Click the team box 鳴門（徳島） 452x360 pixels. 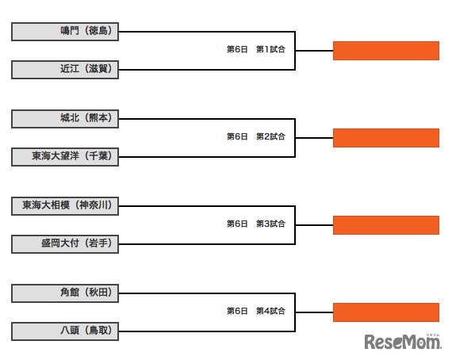65,32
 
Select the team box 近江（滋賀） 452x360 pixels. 65,69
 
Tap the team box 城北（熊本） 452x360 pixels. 65,119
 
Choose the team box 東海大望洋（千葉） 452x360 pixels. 65,156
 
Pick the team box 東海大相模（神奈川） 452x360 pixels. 65,206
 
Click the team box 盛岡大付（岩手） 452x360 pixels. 65,243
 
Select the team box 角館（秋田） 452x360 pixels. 65,293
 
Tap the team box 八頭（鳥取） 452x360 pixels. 65,331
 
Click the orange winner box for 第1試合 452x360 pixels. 385,51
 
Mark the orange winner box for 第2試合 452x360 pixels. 385,138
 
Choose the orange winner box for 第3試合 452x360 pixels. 385,225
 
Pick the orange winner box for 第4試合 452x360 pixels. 385,312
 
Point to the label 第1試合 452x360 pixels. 270,49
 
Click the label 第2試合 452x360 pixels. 270,136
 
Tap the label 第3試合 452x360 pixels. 270,224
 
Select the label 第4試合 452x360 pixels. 270,311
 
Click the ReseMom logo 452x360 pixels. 402,342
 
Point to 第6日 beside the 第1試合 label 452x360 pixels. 237,49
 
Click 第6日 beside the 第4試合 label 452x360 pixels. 237,311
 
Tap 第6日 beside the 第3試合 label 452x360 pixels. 237,224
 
